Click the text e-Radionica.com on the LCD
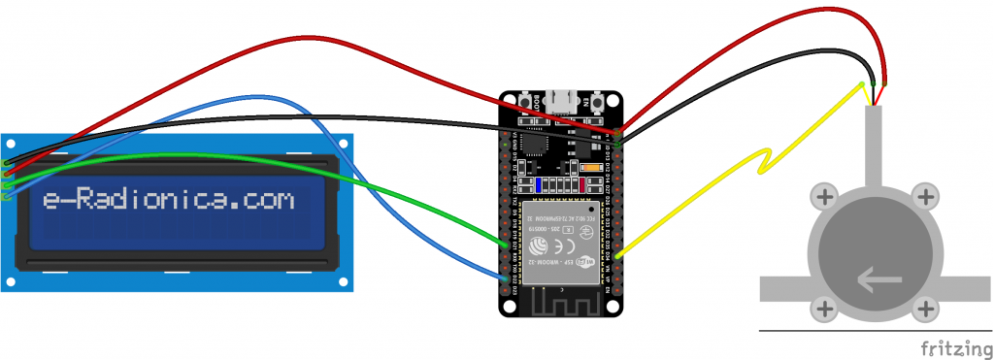[168, 201]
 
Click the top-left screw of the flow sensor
[825, 198]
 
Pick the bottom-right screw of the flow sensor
[926, 310]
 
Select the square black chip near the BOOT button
[535, 144]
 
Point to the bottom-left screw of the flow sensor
[825, 310]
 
